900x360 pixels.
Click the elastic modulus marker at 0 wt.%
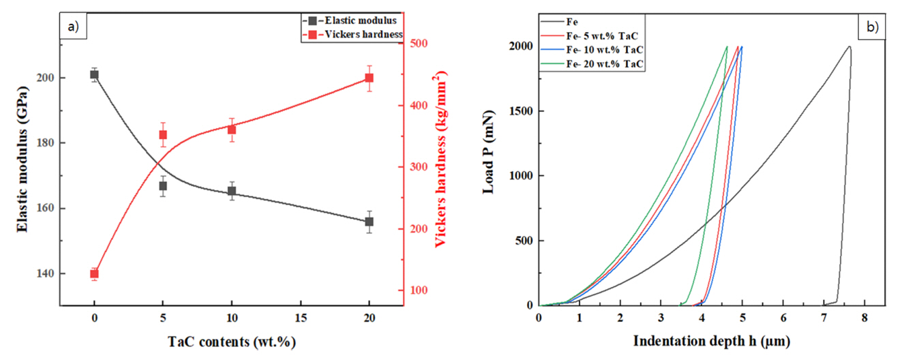(x=94, y=75)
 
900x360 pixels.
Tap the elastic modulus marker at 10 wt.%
(x=232, y=192)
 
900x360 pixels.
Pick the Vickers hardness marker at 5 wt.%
(x=163, y=134)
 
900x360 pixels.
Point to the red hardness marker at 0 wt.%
(x=94, y=274)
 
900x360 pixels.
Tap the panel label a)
(x=72, y=27)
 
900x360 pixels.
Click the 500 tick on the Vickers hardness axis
(x=419, y=44)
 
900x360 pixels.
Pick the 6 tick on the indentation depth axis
(x=783, y=318)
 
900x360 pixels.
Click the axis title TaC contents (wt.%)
(x=232, y=340)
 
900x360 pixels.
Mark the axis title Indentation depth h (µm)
(x=712, y=340)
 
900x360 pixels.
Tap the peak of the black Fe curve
(x=849, y=46)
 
